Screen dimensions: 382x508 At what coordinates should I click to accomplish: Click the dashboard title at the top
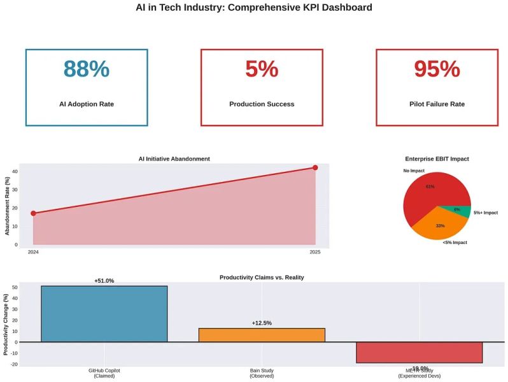(x=254, y=8)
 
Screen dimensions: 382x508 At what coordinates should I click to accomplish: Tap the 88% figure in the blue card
(x=87, y=69)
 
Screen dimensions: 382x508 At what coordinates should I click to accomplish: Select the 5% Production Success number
(x=262, y=69)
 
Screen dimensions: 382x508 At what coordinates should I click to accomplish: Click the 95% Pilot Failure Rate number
(x=437, y=69)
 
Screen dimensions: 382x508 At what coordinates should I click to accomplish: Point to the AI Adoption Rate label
(x=87, y=104)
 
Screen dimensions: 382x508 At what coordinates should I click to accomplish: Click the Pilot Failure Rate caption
(x=437, y=104)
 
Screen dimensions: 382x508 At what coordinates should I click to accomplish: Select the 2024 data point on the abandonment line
(x=33, y=213)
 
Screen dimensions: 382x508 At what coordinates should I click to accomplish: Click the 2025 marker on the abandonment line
(x=315, y=167)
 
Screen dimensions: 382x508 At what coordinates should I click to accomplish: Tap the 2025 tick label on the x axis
(x=314, y=252)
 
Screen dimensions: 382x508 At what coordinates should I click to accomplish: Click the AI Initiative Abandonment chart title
(x=174, y=159)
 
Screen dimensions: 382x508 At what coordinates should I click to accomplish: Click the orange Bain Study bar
(x=262, y=335)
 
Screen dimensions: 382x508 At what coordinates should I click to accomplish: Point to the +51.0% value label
(x=104, y=281)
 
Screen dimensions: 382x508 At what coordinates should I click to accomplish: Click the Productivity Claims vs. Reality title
(x=262, y=278)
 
